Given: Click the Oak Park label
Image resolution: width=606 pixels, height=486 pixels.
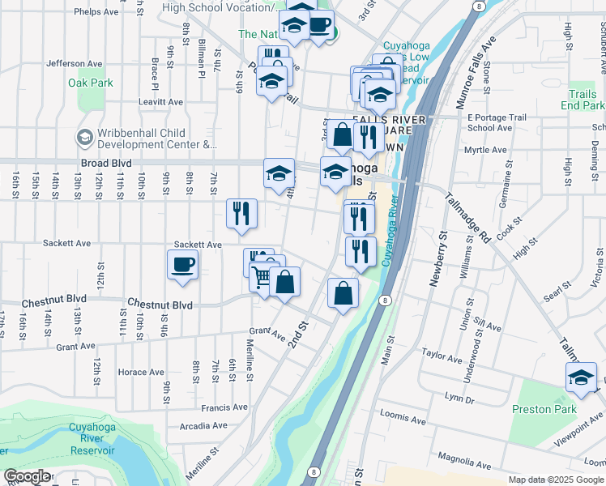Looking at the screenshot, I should pos(91,83).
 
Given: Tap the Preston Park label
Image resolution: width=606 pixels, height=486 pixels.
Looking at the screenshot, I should pos(544,409).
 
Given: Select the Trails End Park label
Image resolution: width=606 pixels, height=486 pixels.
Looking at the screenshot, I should pos(582,100).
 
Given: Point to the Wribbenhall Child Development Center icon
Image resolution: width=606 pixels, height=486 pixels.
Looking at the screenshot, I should pos(84,138).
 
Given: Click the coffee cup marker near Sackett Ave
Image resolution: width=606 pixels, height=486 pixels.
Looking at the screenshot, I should pos(183,264).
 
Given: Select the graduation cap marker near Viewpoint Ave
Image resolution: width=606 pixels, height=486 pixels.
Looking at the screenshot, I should pos(581,377).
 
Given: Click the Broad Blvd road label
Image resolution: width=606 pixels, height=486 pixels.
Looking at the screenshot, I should pos(105,163).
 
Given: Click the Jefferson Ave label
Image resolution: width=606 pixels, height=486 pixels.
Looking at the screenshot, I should pos(75,63).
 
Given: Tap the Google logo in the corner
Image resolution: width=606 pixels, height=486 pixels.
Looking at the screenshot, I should pos(27,477).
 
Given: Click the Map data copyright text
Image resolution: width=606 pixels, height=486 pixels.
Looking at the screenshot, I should pos(555,480).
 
